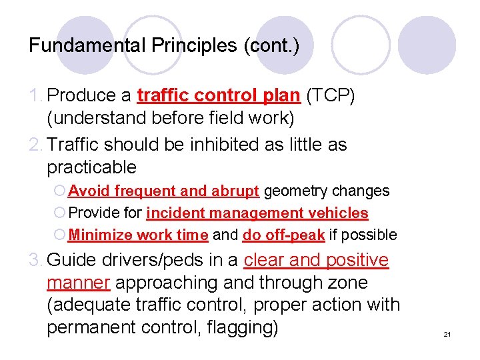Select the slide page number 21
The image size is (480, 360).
pos(447,334)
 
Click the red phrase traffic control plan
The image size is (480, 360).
pos(219,95)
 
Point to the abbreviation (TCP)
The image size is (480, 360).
pos(330,95)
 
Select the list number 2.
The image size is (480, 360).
pos(37,144)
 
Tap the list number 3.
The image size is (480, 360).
pos(37,260)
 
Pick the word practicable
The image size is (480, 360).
pos(91,167)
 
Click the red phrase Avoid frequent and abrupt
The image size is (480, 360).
pos(163,191)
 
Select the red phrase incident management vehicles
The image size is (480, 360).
pos(257,213)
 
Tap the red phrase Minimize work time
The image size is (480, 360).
pos(139,235)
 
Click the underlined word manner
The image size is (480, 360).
pos(78,283)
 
